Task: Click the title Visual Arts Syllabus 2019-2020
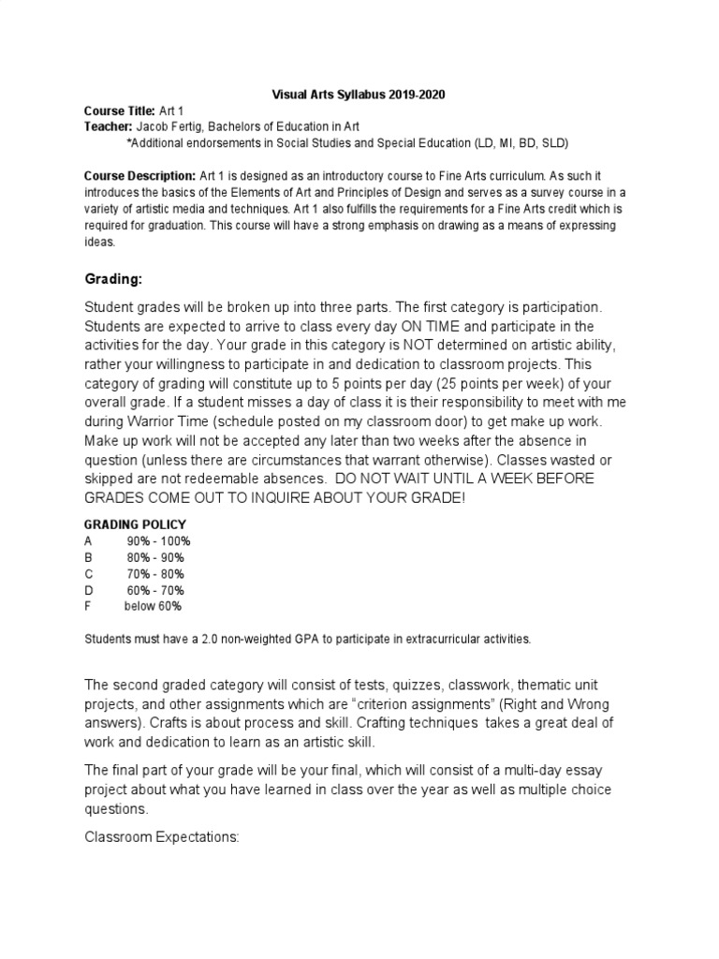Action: point(359,94)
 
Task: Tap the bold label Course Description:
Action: point(139,175)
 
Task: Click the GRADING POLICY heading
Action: point(135,524)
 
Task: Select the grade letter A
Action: point(88,541)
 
